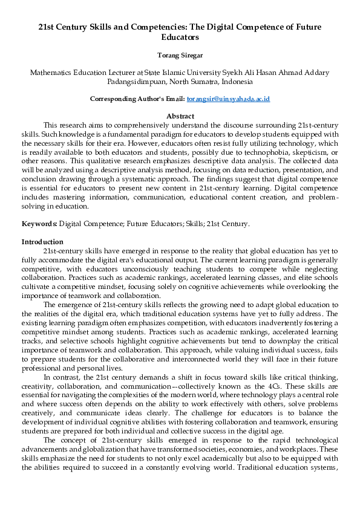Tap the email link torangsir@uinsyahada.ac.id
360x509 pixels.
228,99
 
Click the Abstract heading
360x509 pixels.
180,116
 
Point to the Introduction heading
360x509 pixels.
42,242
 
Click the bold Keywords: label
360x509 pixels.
39,224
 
